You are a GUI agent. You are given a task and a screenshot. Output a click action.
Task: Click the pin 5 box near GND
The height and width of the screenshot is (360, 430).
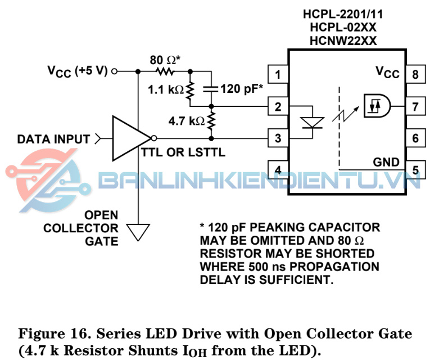(415, 169)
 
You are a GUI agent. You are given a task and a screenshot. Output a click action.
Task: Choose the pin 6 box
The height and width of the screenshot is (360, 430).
(415, 137)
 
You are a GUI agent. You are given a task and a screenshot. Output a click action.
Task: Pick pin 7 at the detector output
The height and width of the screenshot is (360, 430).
(415, 105)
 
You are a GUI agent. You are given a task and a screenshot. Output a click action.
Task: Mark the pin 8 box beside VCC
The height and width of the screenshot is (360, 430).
(415, 73)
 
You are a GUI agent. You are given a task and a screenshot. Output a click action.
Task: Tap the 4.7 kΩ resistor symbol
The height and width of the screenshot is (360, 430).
(211, 120)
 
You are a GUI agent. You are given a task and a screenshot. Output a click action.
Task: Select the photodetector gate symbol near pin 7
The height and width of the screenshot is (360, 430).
(375, 105)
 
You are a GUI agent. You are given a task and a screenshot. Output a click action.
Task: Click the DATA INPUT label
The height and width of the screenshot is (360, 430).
(53, 138)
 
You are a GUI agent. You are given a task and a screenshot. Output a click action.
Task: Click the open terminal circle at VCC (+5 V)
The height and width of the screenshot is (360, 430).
(115, 71)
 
